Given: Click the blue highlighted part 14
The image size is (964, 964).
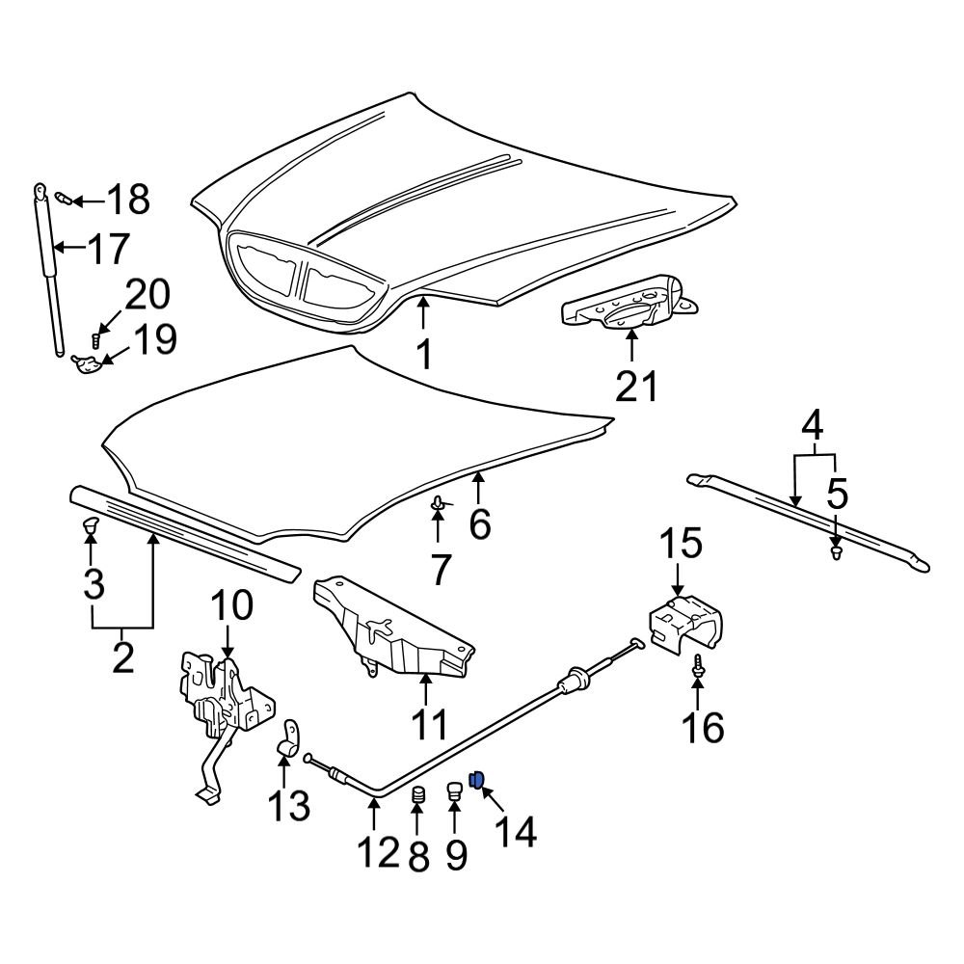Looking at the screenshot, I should coord(475,778).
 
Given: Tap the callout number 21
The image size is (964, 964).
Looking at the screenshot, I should coord(636,386).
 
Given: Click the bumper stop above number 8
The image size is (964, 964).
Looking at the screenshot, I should coord(418,796).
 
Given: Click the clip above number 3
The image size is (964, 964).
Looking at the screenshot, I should coord(92,525).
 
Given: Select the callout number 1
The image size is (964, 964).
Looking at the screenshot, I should coord(423,355).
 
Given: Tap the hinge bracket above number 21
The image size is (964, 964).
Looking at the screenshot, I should coord(631,304).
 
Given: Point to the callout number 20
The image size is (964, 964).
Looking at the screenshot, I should coord(147,294).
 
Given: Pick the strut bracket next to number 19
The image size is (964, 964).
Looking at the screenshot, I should coord(87,363).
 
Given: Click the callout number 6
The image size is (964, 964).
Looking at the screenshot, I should coord(479,524).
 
